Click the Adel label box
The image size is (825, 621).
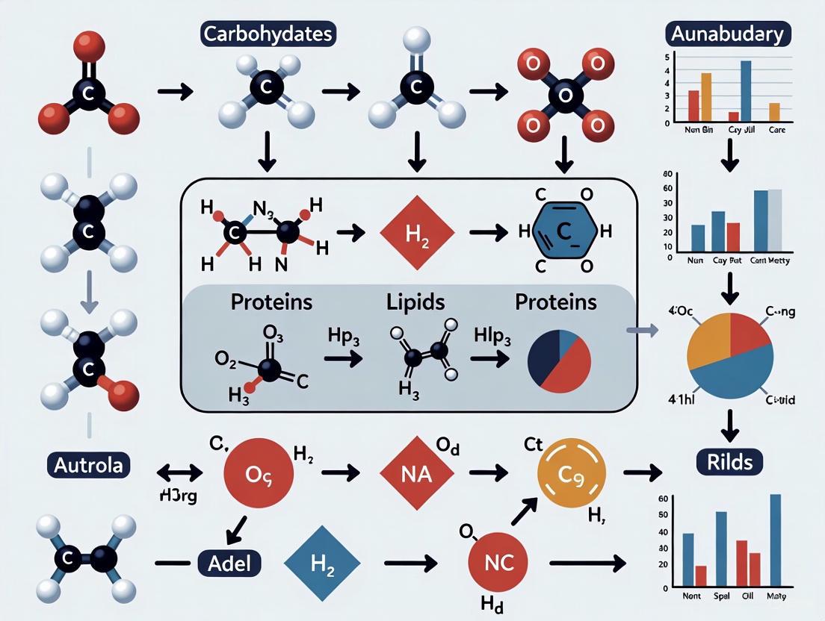pos(229,564)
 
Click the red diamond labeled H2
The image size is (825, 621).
pos(417,233)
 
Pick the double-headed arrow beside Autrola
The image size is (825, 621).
pos(180,472)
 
